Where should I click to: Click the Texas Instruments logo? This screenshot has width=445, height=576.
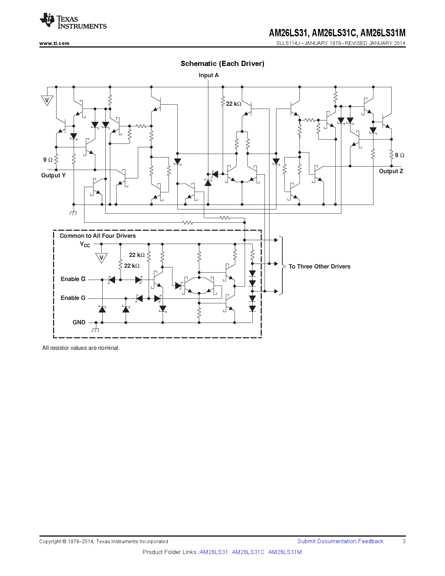73,21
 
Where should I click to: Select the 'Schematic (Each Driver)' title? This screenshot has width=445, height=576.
222,64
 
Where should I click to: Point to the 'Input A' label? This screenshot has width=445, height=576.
209,75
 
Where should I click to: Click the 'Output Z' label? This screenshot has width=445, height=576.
391,171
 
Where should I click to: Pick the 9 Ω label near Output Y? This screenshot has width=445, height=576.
48,160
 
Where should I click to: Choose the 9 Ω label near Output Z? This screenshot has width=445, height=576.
400,155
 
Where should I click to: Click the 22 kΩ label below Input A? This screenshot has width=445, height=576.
233,104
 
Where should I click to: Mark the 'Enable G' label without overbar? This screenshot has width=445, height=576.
73,298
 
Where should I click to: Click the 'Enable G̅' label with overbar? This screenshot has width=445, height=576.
73,279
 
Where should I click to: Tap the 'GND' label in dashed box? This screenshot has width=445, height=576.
79,322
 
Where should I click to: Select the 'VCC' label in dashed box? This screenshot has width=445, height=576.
85,244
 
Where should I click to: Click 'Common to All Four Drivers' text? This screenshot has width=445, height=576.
98,236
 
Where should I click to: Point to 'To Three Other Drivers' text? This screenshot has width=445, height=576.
319,266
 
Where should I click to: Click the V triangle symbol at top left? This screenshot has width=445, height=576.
47,100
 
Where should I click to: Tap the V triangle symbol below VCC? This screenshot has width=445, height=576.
101,258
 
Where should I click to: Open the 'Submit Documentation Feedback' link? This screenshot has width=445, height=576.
340,541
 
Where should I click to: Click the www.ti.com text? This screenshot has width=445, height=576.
54,43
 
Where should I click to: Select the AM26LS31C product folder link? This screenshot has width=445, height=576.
248,552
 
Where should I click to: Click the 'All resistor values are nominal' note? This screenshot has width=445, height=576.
81,348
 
